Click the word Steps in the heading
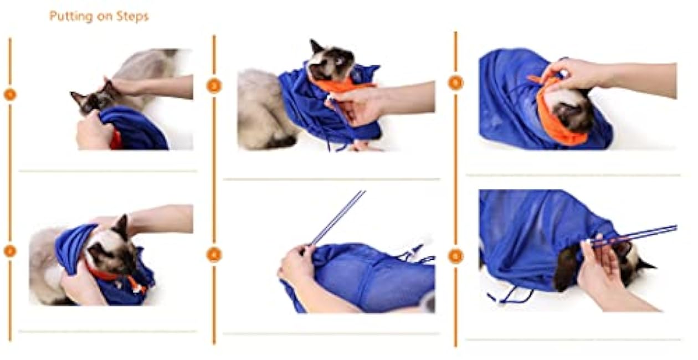pos(133,17)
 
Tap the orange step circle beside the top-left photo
pos(9,94)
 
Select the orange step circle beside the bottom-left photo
pos(9,251)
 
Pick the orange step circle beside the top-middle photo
pos(214,86)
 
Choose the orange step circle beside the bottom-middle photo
pos(214,254)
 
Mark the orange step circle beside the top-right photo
pos(455,83)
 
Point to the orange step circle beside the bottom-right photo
pos(455,256)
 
